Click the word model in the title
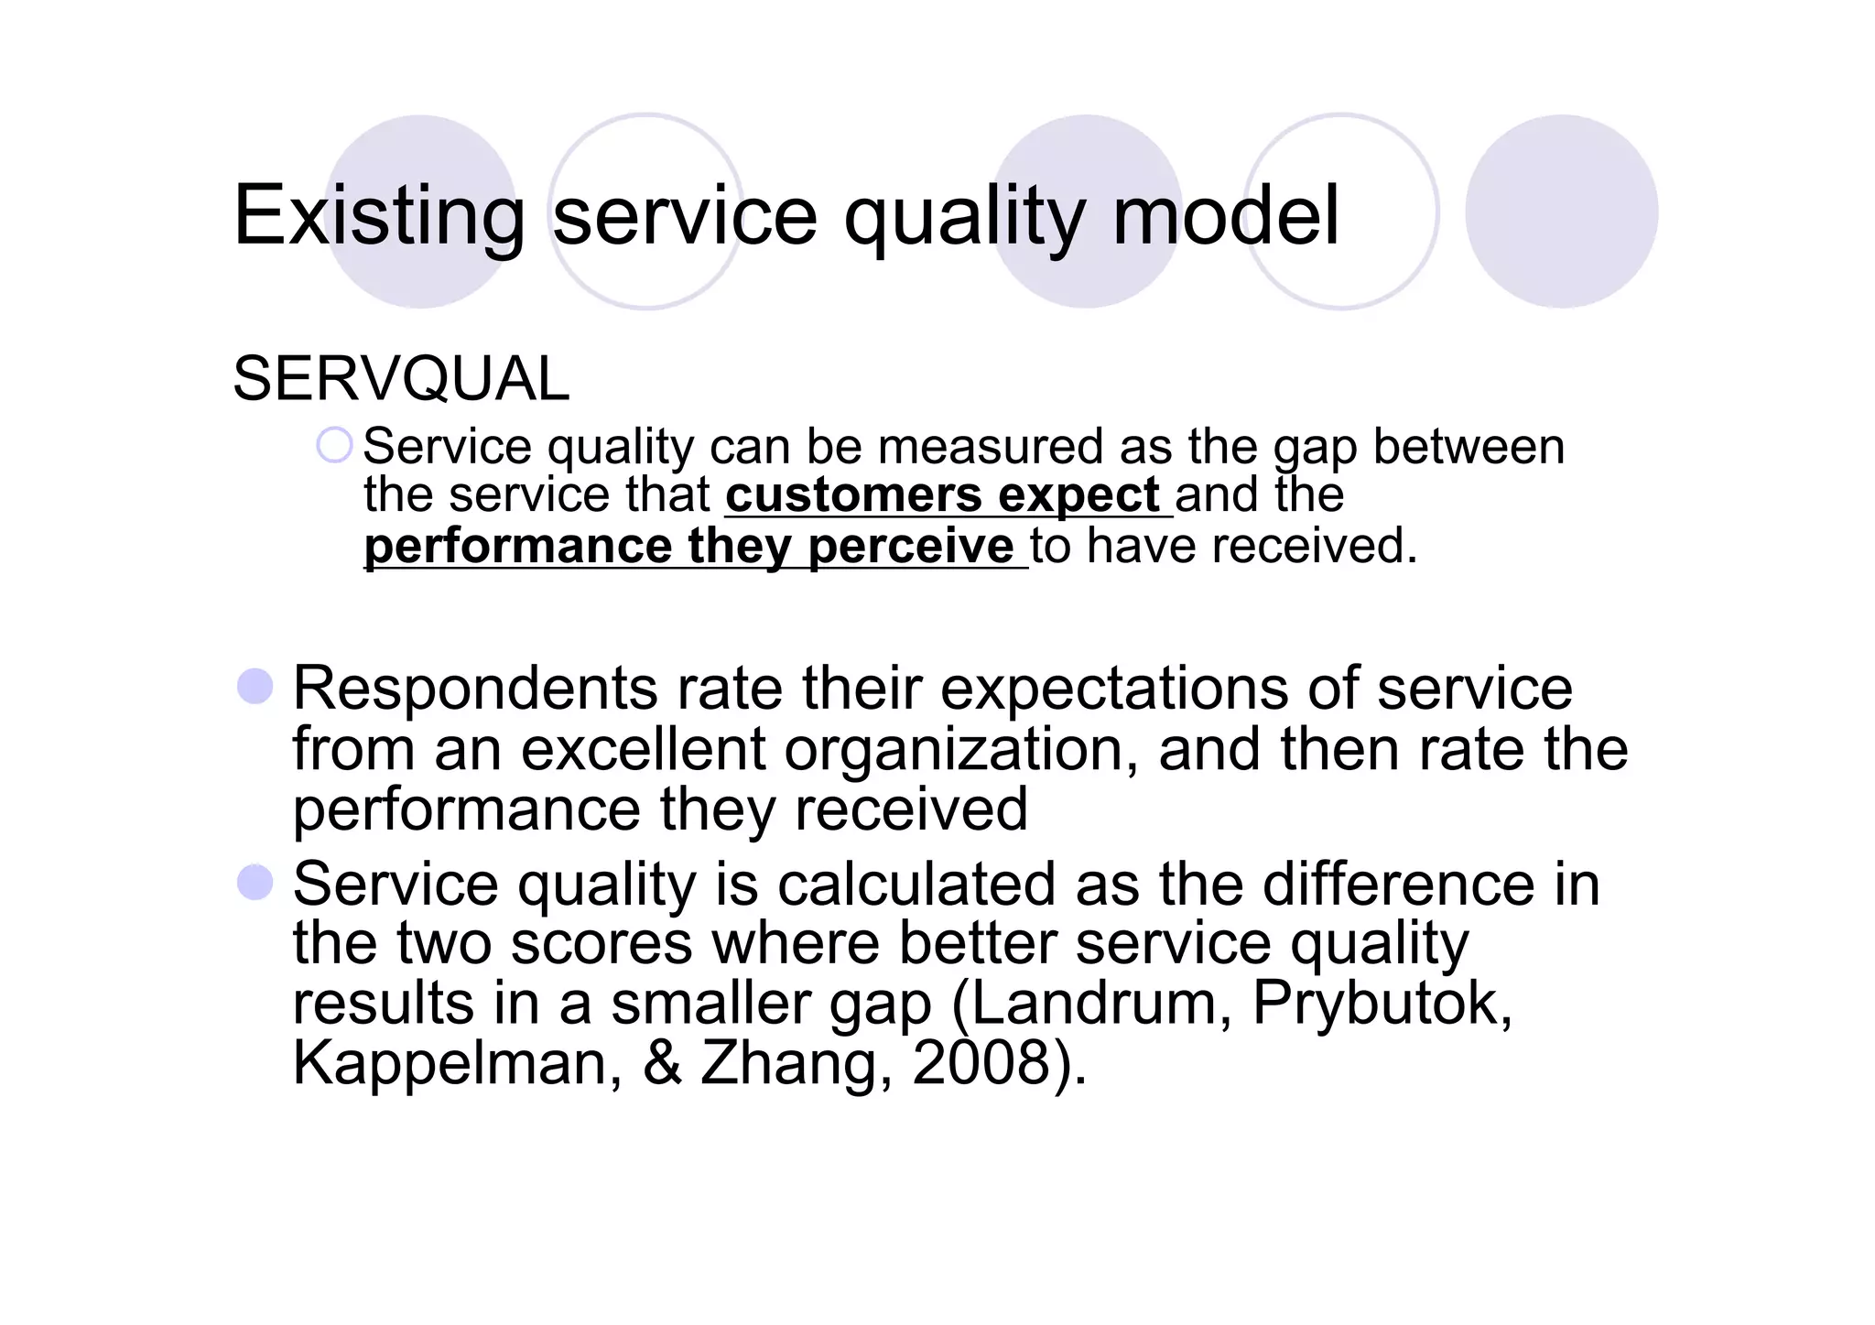click(1226, 216)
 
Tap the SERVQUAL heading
click(401, 379)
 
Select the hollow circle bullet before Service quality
click(334, 446)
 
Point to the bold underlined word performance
click(518, 547)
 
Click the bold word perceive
click(911, 547)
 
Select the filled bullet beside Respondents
click(255, 687)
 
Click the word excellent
click(643, 749)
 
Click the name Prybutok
click(1382, 1004)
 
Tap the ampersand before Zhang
click(662, 1063)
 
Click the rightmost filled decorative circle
click(1561, 212)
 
